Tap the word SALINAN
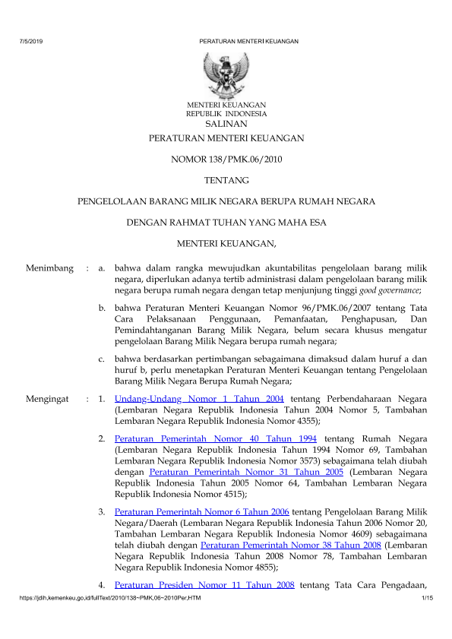pyautogui.click(x=226, y=124)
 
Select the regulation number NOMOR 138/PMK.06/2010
pyautogui.click(x=226, y=160)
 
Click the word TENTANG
pyautogui.click(x=226, y=181)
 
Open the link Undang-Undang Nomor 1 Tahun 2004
pyautogui.click(x=199, y=398)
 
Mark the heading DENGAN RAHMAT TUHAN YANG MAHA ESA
pyautogui.click(x=226, y=223)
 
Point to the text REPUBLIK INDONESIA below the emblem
pyautogui.click(x=226, y=114)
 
